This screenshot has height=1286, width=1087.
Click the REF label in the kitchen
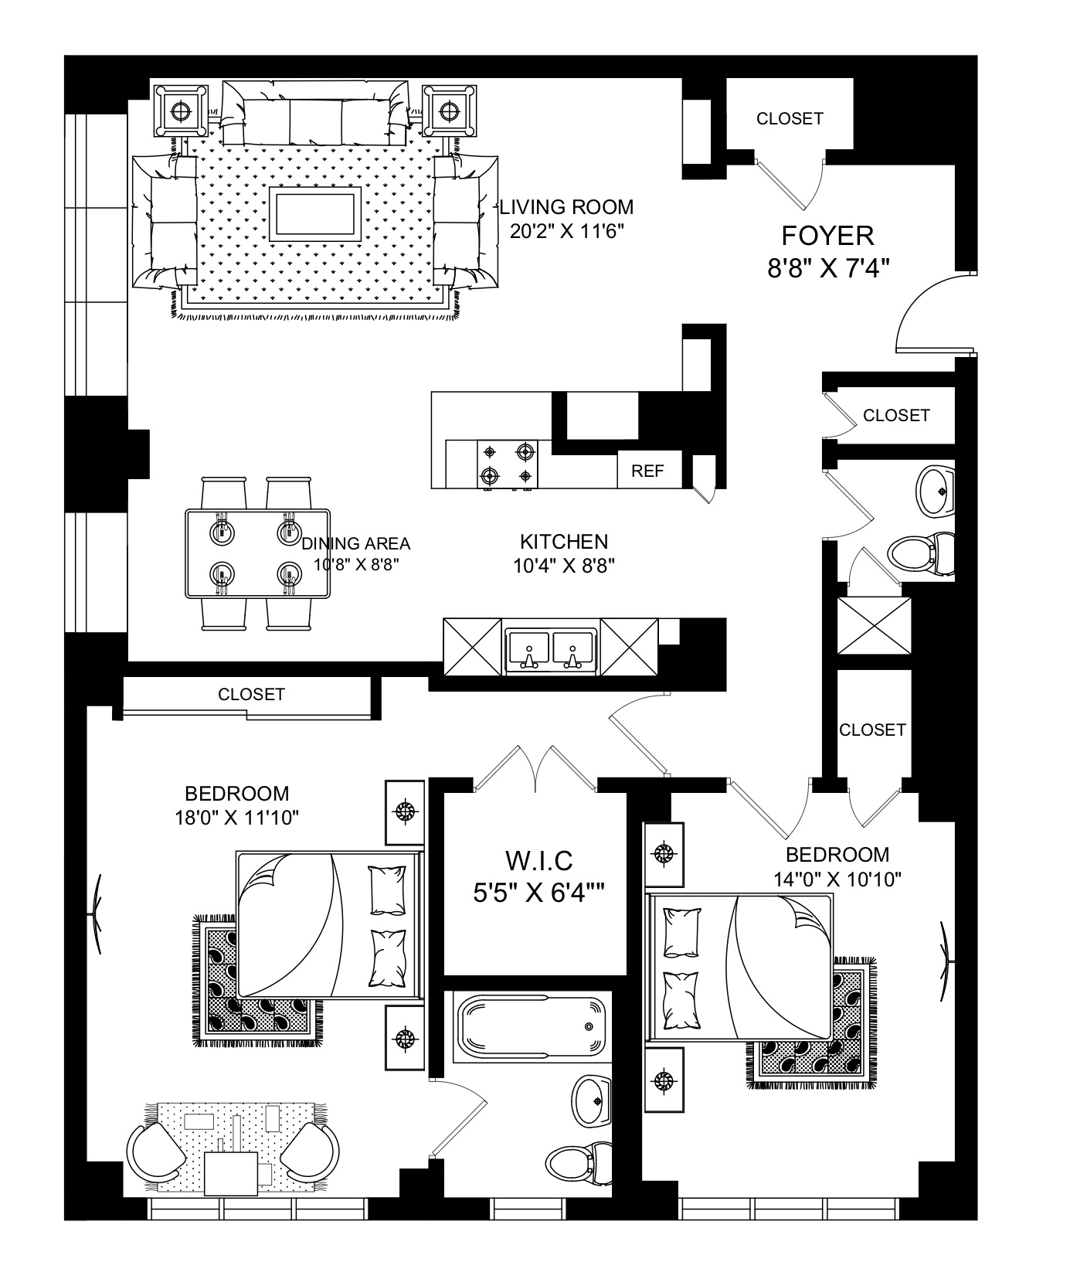(647, 471)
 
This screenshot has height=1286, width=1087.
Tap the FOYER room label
(827, 235)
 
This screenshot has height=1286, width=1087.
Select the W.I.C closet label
(538, 859)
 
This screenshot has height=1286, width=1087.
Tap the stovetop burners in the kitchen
(507, 464)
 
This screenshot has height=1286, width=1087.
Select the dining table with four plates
(257, 553)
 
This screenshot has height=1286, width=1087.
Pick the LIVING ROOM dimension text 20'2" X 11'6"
(566, 230)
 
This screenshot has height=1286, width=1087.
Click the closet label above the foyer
(790, 118)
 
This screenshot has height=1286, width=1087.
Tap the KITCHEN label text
(564, 542)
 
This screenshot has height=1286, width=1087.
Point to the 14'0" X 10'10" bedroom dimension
(837, 879)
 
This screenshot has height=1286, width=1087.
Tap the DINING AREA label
(356, 543)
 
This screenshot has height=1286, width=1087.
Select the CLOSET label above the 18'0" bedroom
(251, 694)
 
